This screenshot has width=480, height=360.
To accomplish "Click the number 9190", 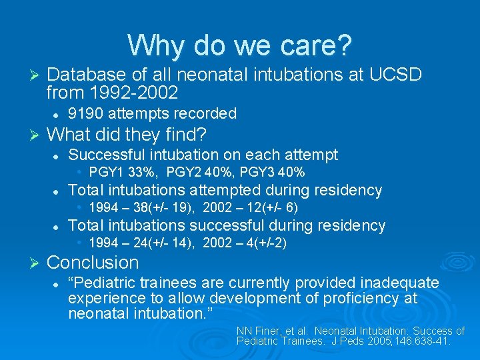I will point(86,113).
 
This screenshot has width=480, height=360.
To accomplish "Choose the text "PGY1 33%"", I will point(124,173).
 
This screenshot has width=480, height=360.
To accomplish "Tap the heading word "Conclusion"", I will point(93,263).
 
